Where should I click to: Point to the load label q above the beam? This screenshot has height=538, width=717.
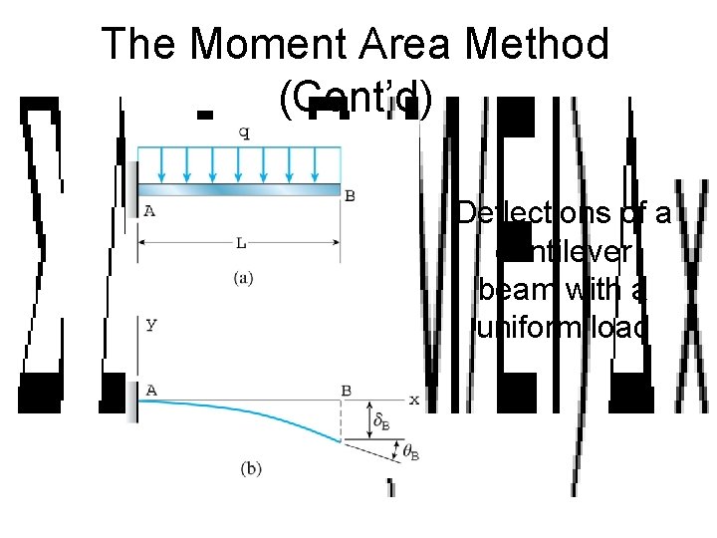(x=244, y=133)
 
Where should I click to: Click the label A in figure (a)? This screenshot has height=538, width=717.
(x=149, y=210)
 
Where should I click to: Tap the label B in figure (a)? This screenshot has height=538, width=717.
(x=350, y=195)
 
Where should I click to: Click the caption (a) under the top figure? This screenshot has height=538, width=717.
(x=242, y=280)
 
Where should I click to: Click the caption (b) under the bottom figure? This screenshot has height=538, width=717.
(x=251, y=468)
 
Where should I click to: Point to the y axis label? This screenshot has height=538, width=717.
(x=151, y=326)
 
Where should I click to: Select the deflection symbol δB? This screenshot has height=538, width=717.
(x=380, y=420)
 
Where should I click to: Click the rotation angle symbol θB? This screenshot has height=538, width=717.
(x=409, y=451)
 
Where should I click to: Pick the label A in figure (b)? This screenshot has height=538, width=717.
(x=151, y=390)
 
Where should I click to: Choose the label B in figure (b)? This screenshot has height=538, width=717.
(x=346, y=391)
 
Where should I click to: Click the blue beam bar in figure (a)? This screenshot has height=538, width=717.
(x=239, y=189)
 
